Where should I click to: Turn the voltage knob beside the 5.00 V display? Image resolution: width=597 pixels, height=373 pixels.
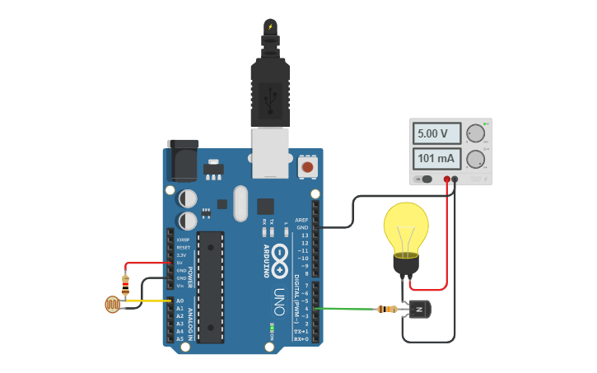click(x=475, y=133)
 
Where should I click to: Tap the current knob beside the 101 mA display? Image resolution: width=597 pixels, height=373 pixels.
click(x=475, y=159)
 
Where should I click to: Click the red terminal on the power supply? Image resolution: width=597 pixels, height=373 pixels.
click(x=447, y=179)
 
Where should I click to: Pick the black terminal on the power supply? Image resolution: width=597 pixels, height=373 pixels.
click(x=455, y=179)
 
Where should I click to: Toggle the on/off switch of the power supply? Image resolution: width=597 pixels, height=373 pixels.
click(x=425, y=179)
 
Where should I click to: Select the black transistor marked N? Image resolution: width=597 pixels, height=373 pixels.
click(x=420, y=310)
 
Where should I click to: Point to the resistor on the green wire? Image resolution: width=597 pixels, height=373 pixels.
click(x=386, y=310)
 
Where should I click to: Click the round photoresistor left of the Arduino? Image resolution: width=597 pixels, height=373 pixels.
click(x=112, y=305)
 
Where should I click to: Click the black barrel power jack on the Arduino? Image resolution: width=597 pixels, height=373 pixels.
click(x=182, y=160)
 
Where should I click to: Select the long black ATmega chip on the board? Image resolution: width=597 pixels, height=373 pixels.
click(x=210, y=287)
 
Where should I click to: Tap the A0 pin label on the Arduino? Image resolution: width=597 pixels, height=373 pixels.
click(x=180, y=301)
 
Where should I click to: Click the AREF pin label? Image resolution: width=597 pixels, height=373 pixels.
click(x=301, y=220)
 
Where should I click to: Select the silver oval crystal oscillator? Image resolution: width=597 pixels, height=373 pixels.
click(x=240, y=203)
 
